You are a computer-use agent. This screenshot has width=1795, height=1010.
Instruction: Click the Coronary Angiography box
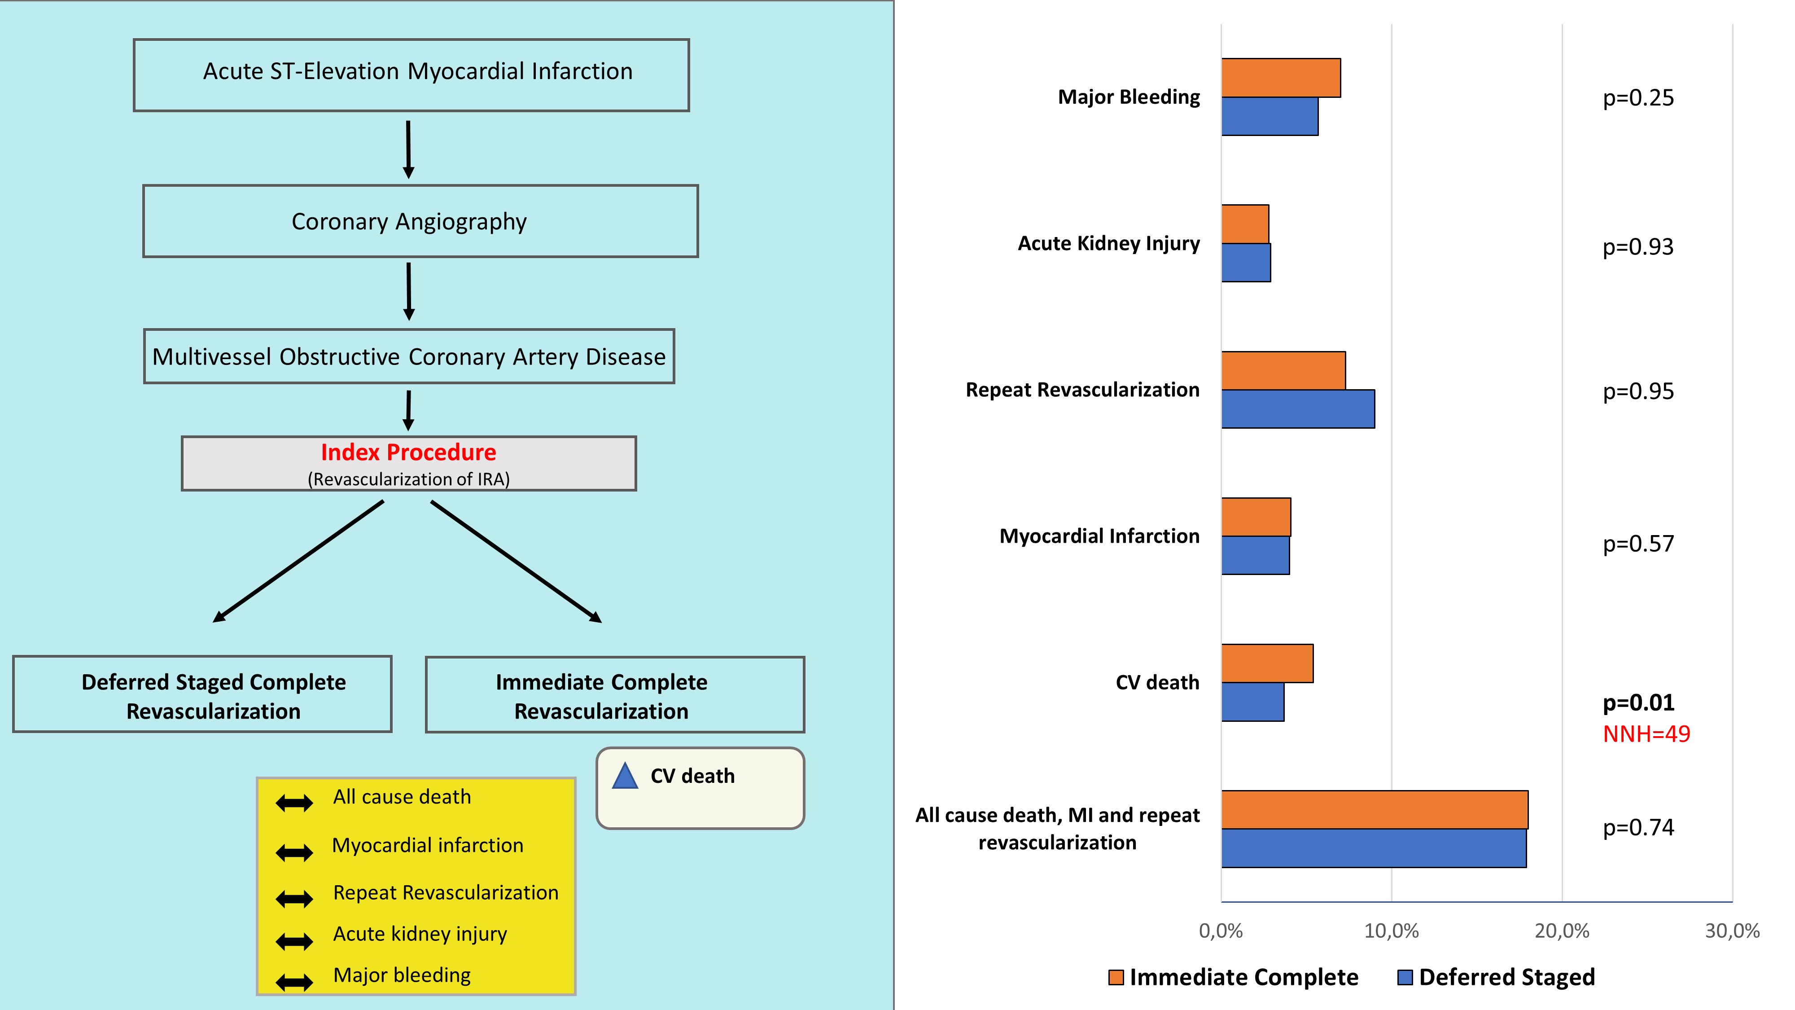click(420, 221)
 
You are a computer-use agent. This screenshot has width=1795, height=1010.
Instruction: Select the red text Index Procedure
click(408, 452)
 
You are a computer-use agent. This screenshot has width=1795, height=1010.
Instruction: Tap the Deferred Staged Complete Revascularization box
click(202, 694)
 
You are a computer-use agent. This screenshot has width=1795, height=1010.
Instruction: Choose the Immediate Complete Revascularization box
click(615, 694)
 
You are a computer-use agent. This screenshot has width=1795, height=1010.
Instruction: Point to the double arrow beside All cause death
click(294, 803)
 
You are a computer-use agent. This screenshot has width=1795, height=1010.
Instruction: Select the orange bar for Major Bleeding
click(1281, 78)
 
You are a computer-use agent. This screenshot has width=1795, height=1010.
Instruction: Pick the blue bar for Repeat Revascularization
click(1297, 409)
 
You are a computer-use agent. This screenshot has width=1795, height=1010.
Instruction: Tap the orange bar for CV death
click(1267, 663)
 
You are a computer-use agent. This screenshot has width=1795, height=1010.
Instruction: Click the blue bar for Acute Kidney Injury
click(1246, 263)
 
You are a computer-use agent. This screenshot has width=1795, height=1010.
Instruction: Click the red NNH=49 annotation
click(1646, 734)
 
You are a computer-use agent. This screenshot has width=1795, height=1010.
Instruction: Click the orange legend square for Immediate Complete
click(1116, 977)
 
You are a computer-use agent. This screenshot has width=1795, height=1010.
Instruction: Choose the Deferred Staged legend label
click(1506, 977)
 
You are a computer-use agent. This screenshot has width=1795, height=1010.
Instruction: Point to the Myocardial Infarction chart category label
click(1099, 536)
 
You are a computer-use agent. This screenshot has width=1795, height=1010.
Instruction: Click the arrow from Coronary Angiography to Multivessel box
click(409, 291)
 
